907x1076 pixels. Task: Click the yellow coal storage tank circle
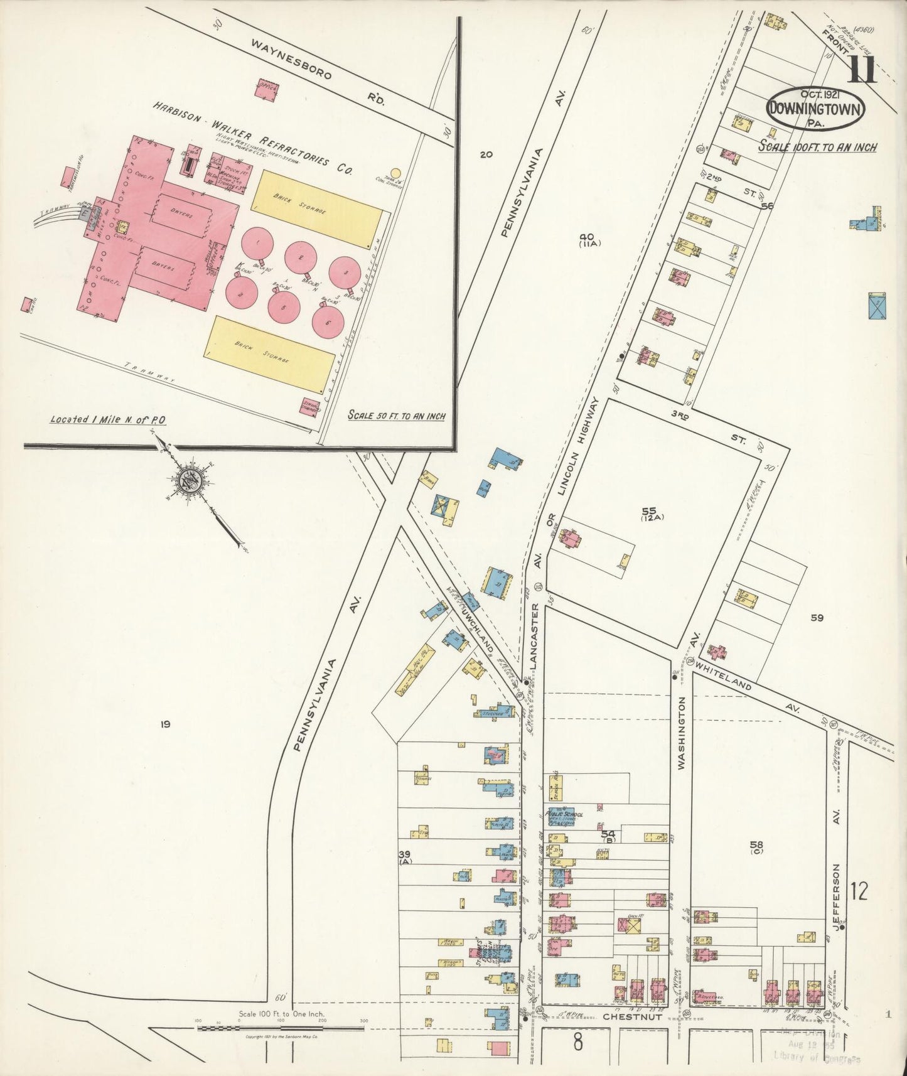coord(395,173)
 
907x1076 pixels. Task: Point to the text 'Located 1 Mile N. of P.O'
coord(108,419)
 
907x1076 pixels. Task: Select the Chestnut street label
coord(632,1016)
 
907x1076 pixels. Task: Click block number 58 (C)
coord(756,848)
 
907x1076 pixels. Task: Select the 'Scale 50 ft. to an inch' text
coord(396,415)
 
